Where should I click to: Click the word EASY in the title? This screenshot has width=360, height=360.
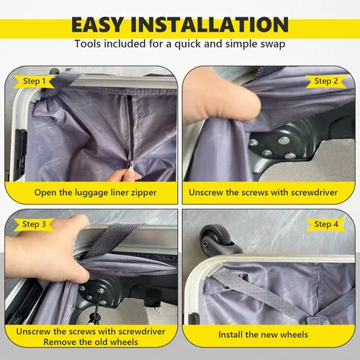pos(97,24)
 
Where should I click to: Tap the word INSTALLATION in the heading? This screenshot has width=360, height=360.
pos(210,24)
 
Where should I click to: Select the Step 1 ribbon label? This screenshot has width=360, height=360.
pos(34,81)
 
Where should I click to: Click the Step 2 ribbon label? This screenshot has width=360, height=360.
pos(326,81)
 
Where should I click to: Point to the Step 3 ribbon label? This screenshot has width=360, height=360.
pos(34,225)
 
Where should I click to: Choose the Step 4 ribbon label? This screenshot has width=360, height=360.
pos(326,225)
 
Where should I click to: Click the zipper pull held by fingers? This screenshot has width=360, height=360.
pos(131,165)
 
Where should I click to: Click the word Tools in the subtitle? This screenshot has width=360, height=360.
pos(88,44)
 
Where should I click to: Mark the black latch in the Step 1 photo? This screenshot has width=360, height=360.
pos(20,153)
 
